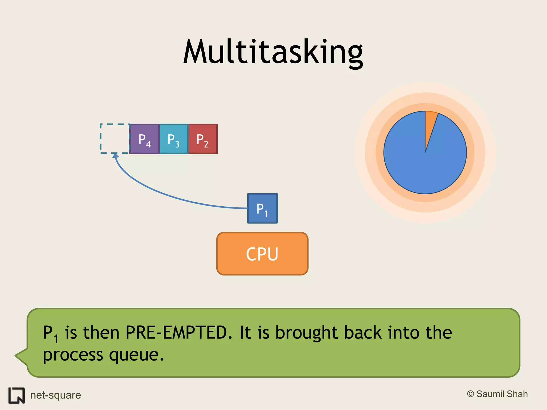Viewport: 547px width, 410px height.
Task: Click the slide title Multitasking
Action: (273, 52)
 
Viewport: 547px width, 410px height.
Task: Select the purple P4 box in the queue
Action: (144, 139)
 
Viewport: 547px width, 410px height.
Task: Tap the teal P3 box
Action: (174, 139)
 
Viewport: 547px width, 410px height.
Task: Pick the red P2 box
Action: (203, 139)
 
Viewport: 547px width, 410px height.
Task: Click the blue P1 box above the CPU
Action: (262, 208)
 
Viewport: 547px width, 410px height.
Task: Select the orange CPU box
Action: (262, 254)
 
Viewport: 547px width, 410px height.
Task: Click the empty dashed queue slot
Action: (115, 139)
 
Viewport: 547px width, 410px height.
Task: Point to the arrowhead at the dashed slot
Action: (115, 156)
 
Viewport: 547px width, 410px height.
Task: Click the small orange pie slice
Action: (430, 120)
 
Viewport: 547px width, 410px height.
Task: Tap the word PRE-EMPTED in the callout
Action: (177, 333)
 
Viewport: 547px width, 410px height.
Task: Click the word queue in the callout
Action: (136, 355)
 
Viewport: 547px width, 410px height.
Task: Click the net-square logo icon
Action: (17, 395)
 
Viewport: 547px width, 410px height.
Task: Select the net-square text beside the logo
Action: (56, 395)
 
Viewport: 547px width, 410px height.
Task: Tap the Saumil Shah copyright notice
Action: (497, 394)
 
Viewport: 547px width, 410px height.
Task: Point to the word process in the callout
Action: (73, 355)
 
